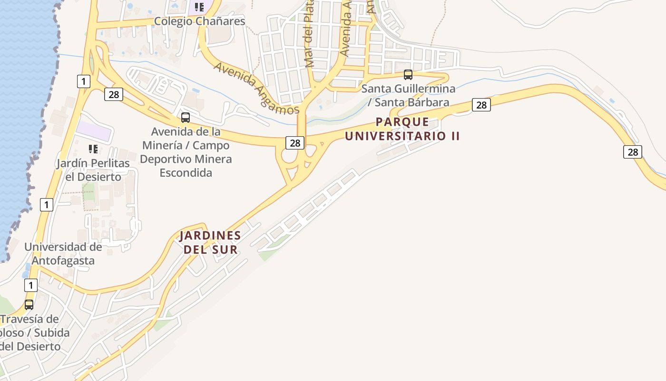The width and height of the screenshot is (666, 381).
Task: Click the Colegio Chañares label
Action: (x=199, y=21)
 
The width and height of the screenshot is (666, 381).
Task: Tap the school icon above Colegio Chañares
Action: (x=199, y=7)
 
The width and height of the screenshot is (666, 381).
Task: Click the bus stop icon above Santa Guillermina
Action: (x=408, y=74)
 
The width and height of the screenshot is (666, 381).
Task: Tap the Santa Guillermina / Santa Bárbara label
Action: (x=408, y=95)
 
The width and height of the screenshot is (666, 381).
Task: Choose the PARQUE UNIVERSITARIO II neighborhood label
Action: (x=402, y=129)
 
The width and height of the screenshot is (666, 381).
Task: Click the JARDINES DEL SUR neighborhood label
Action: (x=210, y=242)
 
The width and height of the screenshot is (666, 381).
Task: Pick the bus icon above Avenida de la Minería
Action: (x=186, y=117)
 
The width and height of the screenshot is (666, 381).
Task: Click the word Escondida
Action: (x=186, y=172)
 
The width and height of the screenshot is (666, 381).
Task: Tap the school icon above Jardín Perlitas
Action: (x=93, y=149)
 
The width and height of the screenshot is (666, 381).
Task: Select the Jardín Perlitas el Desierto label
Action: (x=93, y=170)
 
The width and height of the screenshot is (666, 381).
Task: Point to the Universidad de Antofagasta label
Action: (x=63, y=254)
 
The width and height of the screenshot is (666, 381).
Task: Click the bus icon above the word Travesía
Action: (x=29, y=304)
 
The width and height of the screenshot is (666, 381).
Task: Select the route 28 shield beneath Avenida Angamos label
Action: (x=295, y=142)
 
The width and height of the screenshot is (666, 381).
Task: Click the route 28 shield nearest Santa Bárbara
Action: (x=481, y=105)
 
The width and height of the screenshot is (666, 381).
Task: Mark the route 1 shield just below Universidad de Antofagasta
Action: (x=30, y=285)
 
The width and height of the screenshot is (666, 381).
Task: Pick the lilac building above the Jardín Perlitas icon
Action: (x=94, y=131)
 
